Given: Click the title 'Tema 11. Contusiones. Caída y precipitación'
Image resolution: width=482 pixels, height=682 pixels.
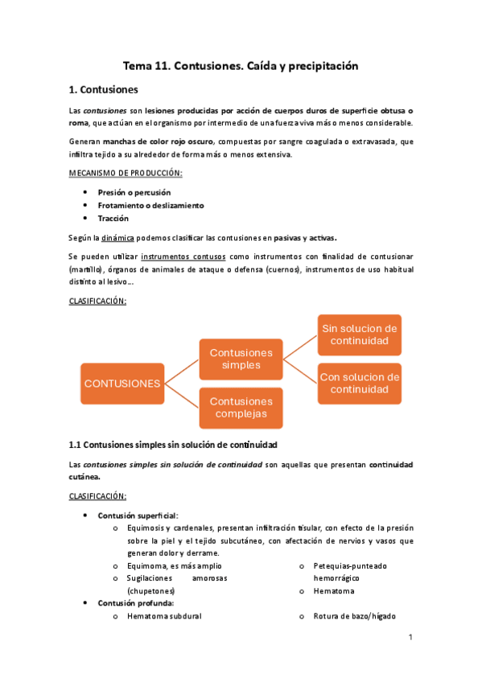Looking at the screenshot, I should [x=240, y=66].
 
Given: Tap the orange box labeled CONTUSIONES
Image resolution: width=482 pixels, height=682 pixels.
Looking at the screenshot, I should [x=122, y=383].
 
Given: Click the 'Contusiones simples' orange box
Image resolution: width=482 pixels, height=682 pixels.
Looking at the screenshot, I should [x=241, y=359].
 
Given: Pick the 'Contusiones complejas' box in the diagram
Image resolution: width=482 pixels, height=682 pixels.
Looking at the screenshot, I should [x=241, y=408].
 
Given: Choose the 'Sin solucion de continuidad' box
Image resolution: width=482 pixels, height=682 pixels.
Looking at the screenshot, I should [x=359, y=335].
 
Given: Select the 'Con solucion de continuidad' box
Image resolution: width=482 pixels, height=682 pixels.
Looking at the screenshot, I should [x=359, y=383].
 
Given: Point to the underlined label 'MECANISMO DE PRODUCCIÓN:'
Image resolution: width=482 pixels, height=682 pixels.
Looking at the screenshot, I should [x=126, y=173].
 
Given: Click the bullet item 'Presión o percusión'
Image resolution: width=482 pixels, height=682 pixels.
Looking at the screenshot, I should [x=134, y=193].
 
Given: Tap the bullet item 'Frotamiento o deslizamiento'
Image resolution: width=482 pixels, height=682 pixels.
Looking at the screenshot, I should [x=150, y=206].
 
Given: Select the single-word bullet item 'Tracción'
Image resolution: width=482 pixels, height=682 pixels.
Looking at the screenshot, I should [x=113, y=219].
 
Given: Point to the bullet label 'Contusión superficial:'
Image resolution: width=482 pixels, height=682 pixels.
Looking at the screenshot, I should [x=138, y=516].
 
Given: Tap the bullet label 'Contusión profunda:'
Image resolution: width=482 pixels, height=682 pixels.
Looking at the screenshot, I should [x=135, y=603].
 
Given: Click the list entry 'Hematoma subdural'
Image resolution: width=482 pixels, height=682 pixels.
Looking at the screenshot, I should [x=164, y=616].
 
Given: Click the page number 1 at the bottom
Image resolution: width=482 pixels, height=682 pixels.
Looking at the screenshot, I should [x=410, y=638].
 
